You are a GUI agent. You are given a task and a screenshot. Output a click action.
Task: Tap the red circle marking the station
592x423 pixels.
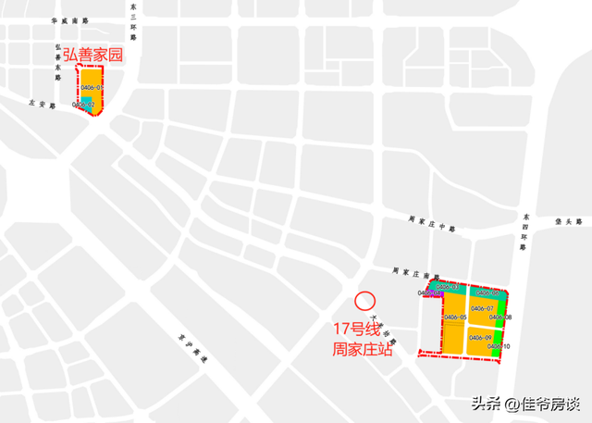click(x=364, y=301)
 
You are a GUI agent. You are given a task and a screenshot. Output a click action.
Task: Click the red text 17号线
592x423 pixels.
click(x=357, y=330)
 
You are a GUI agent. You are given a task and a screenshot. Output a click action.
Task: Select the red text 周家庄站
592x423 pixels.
click(x=363, y=351)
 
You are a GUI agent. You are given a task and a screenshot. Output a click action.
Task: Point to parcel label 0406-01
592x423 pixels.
click(x=92, y=88)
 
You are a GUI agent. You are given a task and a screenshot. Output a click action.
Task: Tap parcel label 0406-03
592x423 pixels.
click(x=448, y=287)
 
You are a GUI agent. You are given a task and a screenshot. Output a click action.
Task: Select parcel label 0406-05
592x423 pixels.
click(x=454, y=317)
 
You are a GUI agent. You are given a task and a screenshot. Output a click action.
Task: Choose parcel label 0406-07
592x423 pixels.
click(x=482, y=308)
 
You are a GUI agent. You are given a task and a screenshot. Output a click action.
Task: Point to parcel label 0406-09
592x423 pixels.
click(x=481, y=337)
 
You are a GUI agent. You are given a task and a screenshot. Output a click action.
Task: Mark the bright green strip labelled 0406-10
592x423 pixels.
click(x=499, y=346)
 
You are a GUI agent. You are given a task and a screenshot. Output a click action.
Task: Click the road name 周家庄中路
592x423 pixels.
click(x=433, y=221)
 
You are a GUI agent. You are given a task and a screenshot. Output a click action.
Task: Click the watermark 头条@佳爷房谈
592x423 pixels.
click(x=524, y=404)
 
